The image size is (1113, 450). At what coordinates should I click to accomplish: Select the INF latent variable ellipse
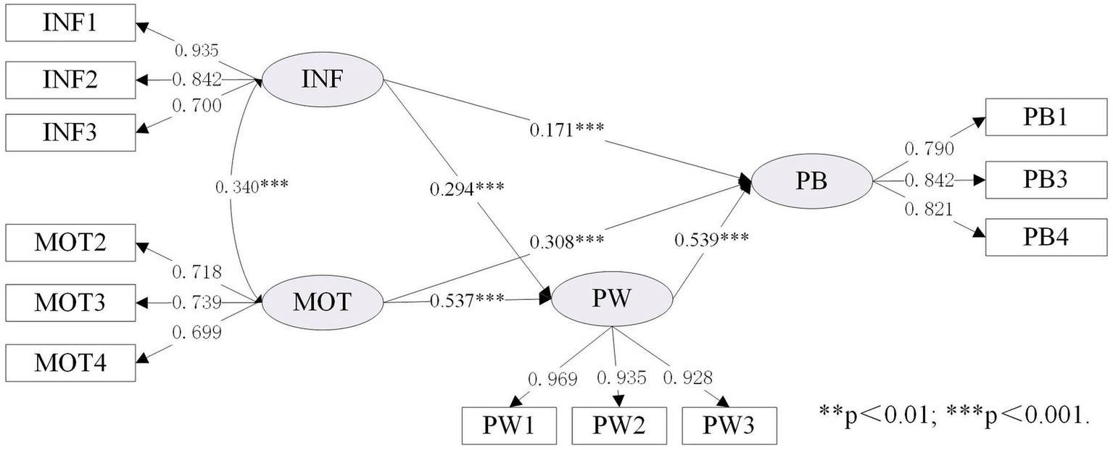point(322,79)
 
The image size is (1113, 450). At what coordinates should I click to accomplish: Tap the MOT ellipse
point(322,301)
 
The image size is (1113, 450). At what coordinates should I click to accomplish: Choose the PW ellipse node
point(613,301)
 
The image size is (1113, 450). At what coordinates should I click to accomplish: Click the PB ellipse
point(811,182)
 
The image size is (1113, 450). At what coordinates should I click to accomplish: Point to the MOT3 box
point(70,302)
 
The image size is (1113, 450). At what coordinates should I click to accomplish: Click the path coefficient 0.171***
point(566,130)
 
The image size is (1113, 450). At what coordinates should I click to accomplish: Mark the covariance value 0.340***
point(252,186)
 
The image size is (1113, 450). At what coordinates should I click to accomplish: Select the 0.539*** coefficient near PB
point(711,238)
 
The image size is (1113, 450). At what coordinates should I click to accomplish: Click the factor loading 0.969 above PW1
point(553,378)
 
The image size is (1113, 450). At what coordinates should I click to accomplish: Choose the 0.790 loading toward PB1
point(928,149)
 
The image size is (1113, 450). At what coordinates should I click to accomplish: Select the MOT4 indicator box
point(70,362)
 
